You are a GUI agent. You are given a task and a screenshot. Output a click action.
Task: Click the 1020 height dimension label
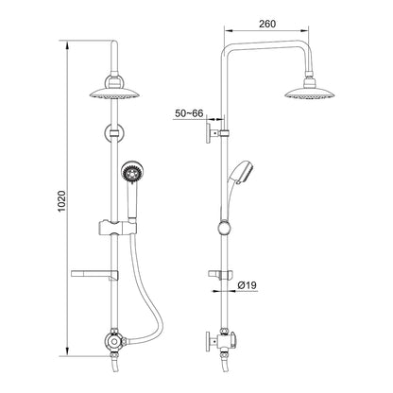[62, 201]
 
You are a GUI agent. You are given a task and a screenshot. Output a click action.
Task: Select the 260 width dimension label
[267, 24]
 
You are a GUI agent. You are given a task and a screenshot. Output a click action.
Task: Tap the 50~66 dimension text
[189, 113]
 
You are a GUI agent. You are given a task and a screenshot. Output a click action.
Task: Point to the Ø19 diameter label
[248, 285]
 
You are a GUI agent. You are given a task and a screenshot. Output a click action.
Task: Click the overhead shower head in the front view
[114, 94]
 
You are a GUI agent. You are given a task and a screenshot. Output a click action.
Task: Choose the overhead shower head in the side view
[310, 94]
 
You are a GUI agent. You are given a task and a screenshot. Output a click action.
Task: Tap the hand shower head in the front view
[129, 172]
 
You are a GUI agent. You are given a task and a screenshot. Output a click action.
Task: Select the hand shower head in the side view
[244, 173]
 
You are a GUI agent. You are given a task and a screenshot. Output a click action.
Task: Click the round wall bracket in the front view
[114, 133]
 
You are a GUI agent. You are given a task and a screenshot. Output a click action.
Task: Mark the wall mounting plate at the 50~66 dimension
[209, 133]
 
